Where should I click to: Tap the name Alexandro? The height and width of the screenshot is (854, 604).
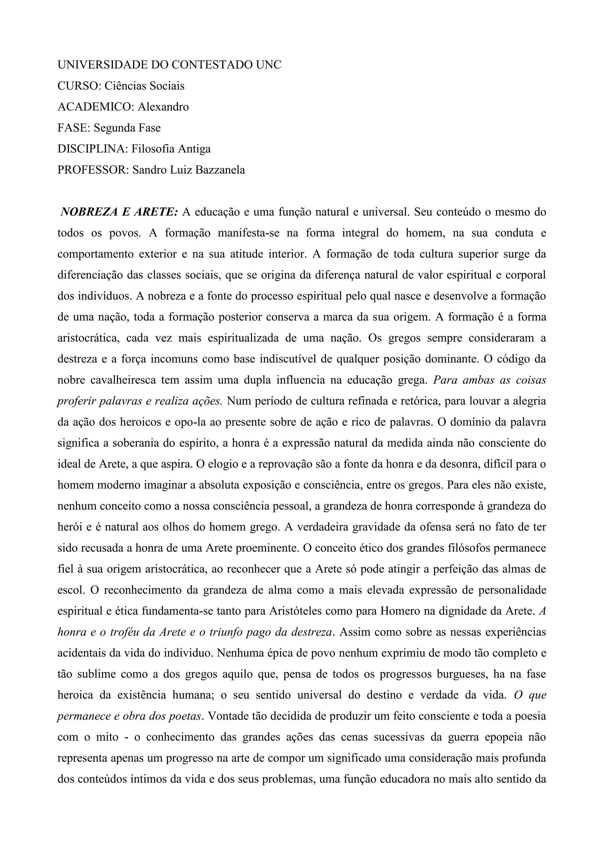(163, 107)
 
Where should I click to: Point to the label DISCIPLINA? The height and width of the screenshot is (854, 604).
(93, 149)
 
